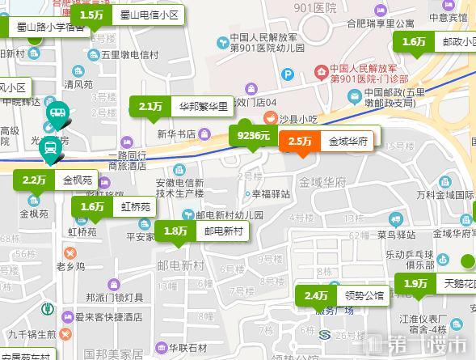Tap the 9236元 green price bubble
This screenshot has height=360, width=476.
coord(253,135)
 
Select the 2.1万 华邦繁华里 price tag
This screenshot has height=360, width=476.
coord(181,106)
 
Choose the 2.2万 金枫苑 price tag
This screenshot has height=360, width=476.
coord(56,180)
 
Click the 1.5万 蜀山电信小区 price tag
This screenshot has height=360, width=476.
coord(127,15)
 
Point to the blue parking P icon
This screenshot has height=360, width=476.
coord(288,74)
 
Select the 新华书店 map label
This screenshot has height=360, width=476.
coord(176,133)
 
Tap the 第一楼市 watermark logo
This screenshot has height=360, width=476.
coord(419,344)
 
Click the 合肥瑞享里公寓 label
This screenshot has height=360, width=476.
coord(380,23)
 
